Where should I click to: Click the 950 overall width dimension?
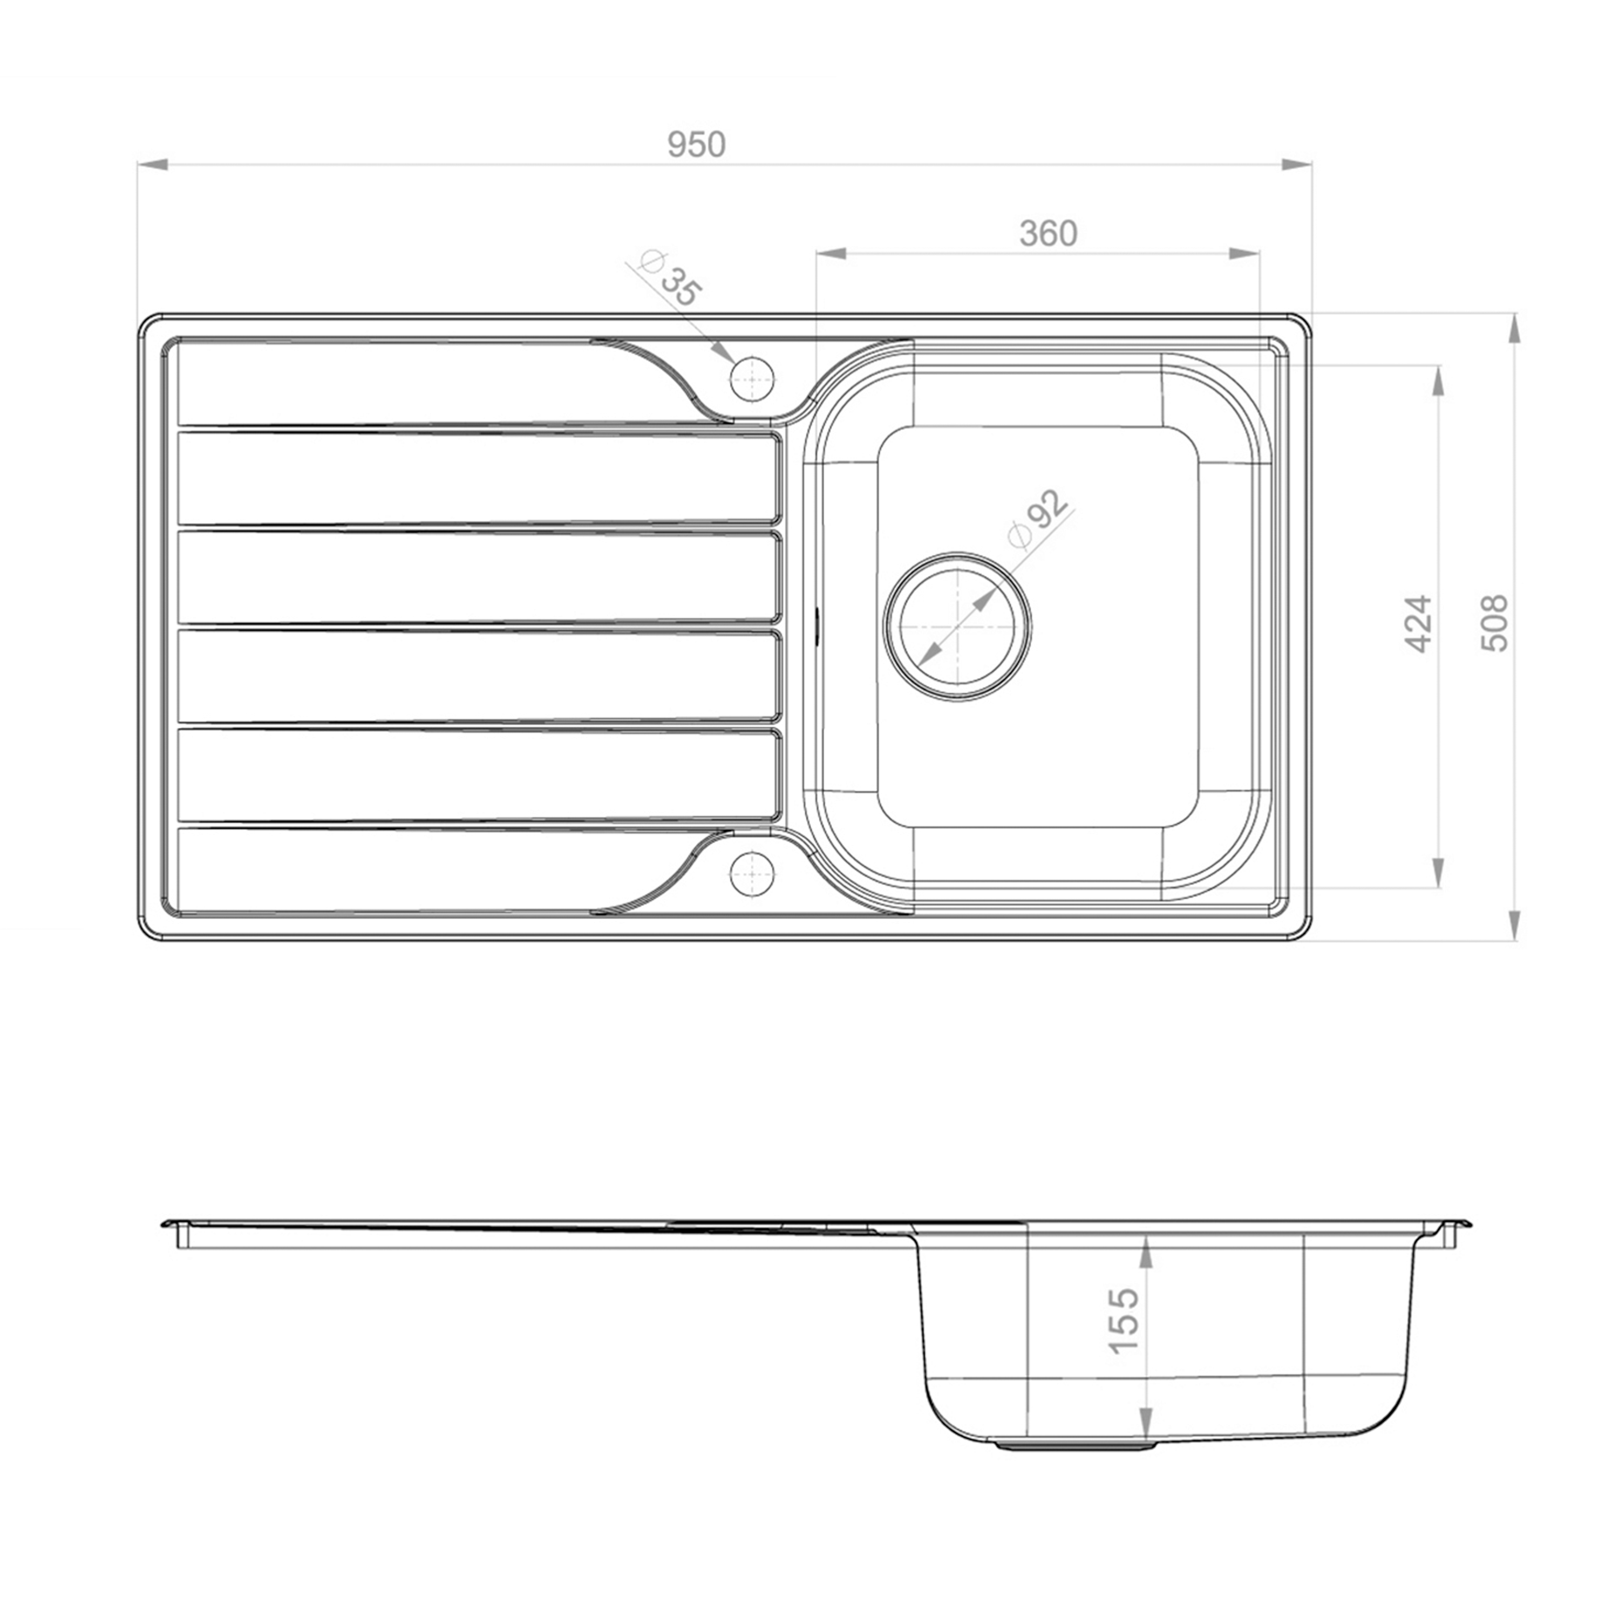pyautogui.click(x=696, y=145)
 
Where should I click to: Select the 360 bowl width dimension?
pyautogui.click(x=1049, y=234)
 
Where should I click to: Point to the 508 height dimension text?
pyautogui.click(x=1495, y=623)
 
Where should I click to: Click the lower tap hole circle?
pyautogui.click(x=752, y=874)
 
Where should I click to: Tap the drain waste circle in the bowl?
pyautogui.click(x=958, y=626)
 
